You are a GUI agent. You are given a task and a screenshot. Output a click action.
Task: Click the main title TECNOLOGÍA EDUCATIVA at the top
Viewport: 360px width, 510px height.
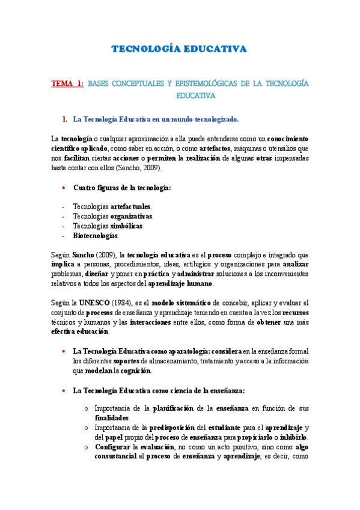point(180,49)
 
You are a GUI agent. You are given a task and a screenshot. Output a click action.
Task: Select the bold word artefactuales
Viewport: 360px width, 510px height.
point(131,206)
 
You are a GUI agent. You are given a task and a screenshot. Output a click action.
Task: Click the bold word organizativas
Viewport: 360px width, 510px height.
point(132,216)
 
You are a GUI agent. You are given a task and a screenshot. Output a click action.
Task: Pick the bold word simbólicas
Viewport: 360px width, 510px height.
point(127,226)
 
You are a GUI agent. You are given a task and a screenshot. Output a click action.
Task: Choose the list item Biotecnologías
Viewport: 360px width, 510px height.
point(96,235)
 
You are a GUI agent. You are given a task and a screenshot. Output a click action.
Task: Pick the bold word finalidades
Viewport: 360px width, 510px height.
point(112,417)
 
